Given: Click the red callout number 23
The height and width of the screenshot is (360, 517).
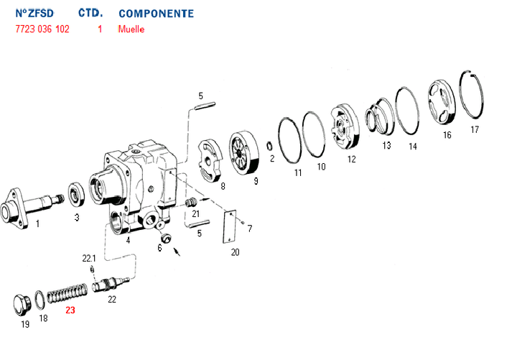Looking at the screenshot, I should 70,310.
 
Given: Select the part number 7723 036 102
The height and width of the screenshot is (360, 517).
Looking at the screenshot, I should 42,29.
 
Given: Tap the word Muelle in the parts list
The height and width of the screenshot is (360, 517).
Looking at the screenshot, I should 131,29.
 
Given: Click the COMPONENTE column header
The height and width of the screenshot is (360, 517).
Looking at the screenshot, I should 156,14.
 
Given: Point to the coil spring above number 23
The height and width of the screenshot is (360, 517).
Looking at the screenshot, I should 67,292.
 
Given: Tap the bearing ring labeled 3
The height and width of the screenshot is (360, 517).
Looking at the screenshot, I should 75,194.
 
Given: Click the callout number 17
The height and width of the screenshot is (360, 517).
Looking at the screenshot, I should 474,130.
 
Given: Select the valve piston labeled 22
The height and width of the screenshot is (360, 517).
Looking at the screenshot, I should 113,282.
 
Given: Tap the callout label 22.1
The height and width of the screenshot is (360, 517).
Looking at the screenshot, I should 88,258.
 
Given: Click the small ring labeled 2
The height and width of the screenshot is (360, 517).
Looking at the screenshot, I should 269,147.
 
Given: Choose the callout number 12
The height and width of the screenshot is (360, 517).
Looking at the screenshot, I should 351,160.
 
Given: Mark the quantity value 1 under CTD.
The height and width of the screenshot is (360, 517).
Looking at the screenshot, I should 100,29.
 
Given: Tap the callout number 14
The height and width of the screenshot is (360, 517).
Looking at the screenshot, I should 412,146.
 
